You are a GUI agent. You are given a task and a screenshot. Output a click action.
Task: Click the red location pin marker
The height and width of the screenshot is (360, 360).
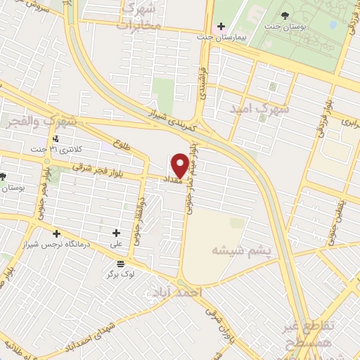tap(180, 165)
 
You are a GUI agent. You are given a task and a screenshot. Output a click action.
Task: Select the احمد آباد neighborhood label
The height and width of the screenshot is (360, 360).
tap(181, 291)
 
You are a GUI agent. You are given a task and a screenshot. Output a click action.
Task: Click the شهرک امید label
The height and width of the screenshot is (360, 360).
tap(258, 110)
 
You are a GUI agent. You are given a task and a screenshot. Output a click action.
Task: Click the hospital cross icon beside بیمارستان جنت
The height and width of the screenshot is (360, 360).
tap(221, 26)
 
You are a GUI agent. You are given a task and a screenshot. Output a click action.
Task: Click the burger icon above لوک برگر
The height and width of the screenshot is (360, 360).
tap(121, 264)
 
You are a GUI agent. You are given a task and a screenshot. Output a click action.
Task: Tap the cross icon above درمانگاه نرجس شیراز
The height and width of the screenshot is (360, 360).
tap(56, 233)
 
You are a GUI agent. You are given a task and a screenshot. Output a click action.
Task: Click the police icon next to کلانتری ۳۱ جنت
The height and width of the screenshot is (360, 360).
tap(75, 138)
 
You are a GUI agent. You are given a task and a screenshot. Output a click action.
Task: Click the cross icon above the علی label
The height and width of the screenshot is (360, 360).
tap(116, 233)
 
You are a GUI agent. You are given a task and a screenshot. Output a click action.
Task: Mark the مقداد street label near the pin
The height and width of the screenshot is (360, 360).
tap(173, 180)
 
